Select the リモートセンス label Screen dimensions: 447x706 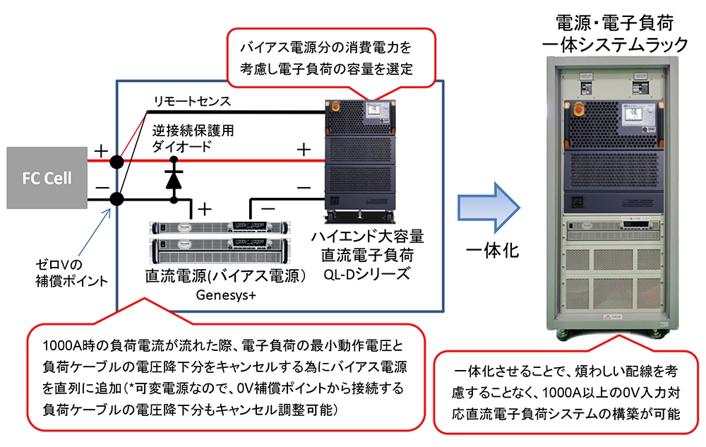tap(193, 102)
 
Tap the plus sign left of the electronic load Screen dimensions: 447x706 tap(303, 150)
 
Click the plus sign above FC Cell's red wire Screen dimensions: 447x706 tap(101, 150)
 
